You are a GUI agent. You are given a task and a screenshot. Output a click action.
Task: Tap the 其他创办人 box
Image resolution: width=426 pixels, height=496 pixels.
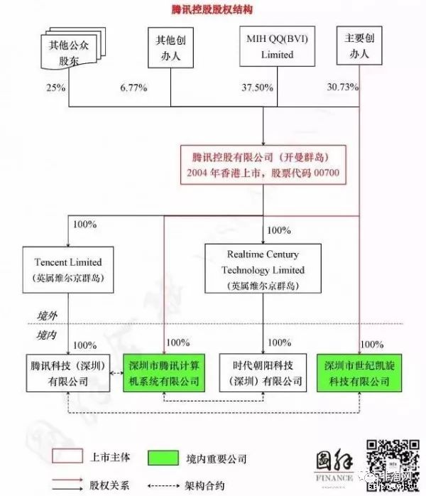tap(170, 48)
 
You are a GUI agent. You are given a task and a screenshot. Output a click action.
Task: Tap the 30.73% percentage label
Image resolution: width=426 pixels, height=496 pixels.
tap(342, 87)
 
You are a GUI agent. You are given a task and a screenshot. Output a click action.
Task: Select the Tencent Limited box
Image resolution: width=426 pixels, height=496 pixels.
tap(67, 269)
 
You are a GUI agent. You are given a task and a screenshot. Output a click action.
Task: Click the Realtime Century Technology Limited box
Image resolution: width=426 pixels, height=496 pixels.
tap(263, 269)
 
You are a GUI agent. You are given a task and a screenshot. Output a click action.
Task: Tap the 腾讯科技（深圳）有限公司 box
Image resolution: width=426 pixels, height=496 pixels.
tap(68, 373)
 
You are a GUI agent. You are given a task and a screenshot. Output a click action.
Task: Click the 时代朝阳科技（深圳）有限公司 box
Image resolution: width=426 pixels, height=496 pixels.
tap(263, 373)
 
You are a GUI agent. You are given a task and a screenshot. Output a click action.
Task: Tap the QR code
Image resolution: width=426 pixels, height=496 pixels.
tap(392, 462)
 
